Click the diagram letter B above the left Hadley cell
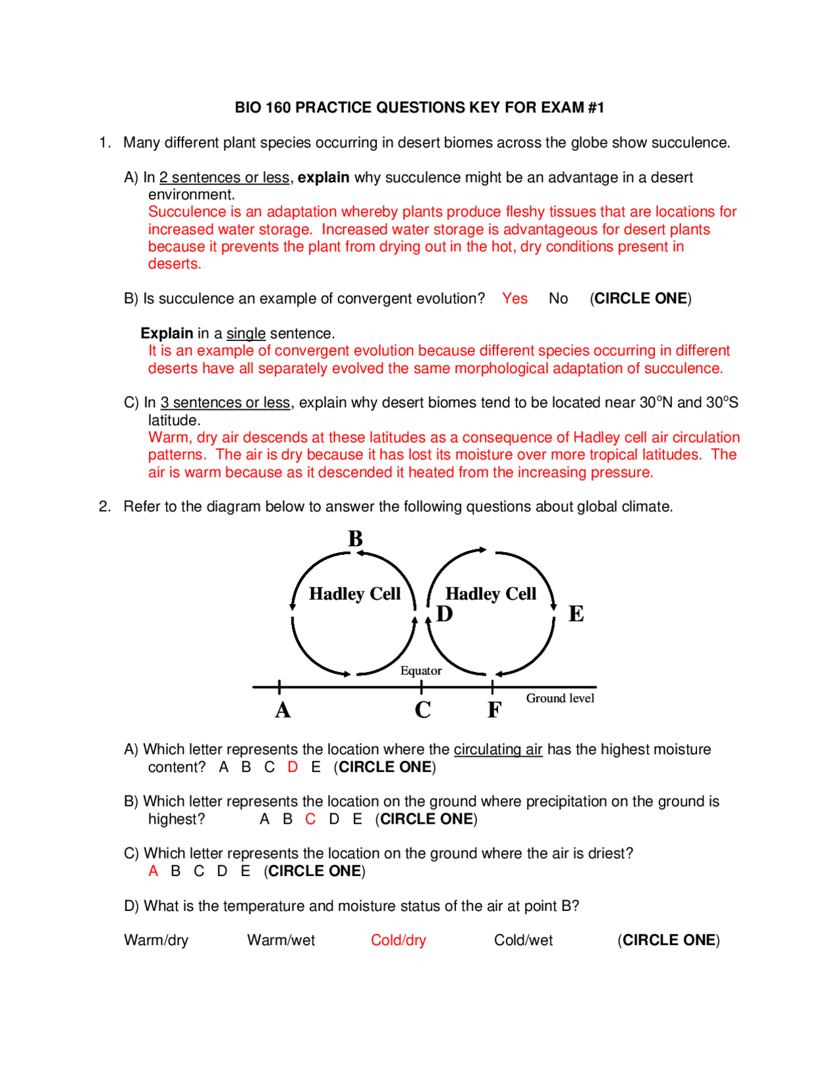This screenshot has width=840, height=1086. click(355, 539)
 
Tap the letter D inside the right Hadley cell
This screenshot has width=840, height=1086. click(444, 614)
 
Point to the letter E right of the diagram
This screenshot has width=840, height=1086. click(576, 614)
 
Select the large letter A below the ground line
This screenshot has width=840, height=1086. click(282, 710)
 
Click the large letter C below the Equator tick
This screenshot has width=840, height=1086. click(423, 710)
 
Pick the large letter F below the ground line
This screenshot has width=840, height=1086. click(494, 710)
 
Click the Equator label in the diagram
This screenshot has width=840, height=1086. click(421, 671)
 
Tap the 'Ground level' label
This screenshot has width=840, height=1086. click(560, 698)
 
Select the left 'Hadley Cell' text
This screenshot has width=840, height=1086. click(354, 594)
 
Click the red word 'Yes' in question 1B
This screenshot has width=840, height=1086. click(514, 299)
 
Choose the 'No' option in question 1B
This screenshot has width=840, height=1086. click(558, 299)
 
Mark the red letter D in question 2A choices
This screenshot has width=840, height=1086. click(293, 767)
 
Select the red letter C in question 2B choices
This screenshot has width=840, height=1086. click(310, 819)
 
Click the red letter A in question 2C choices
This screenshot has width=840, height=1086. click(153, 871)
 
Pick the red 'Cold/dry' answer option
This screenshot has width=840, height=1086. click(398, 940)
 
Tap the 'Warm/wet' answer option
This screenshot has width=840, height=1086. click(281, 940)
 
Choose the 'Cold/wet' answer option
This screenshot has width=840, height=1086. click(523, 940)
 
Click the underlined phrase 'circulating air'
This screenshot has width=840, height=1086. click(498, 750)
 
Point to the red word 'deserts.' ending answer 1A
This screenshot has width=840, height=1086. click(175, 264)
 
